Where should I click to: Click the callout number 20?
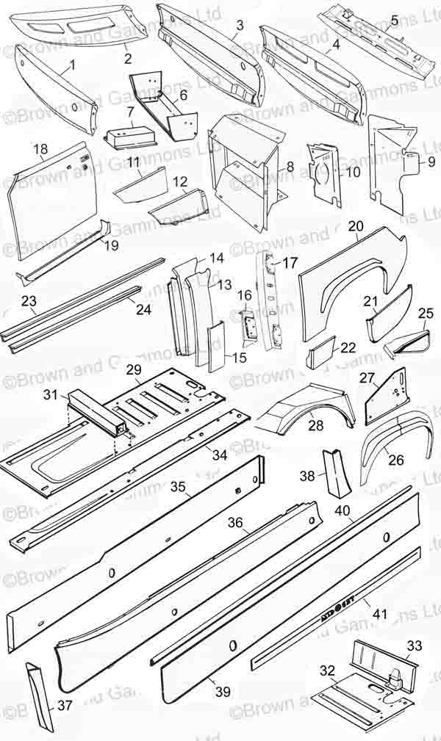click(356, 226)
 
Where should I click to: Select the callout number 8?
click(290, 167)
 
